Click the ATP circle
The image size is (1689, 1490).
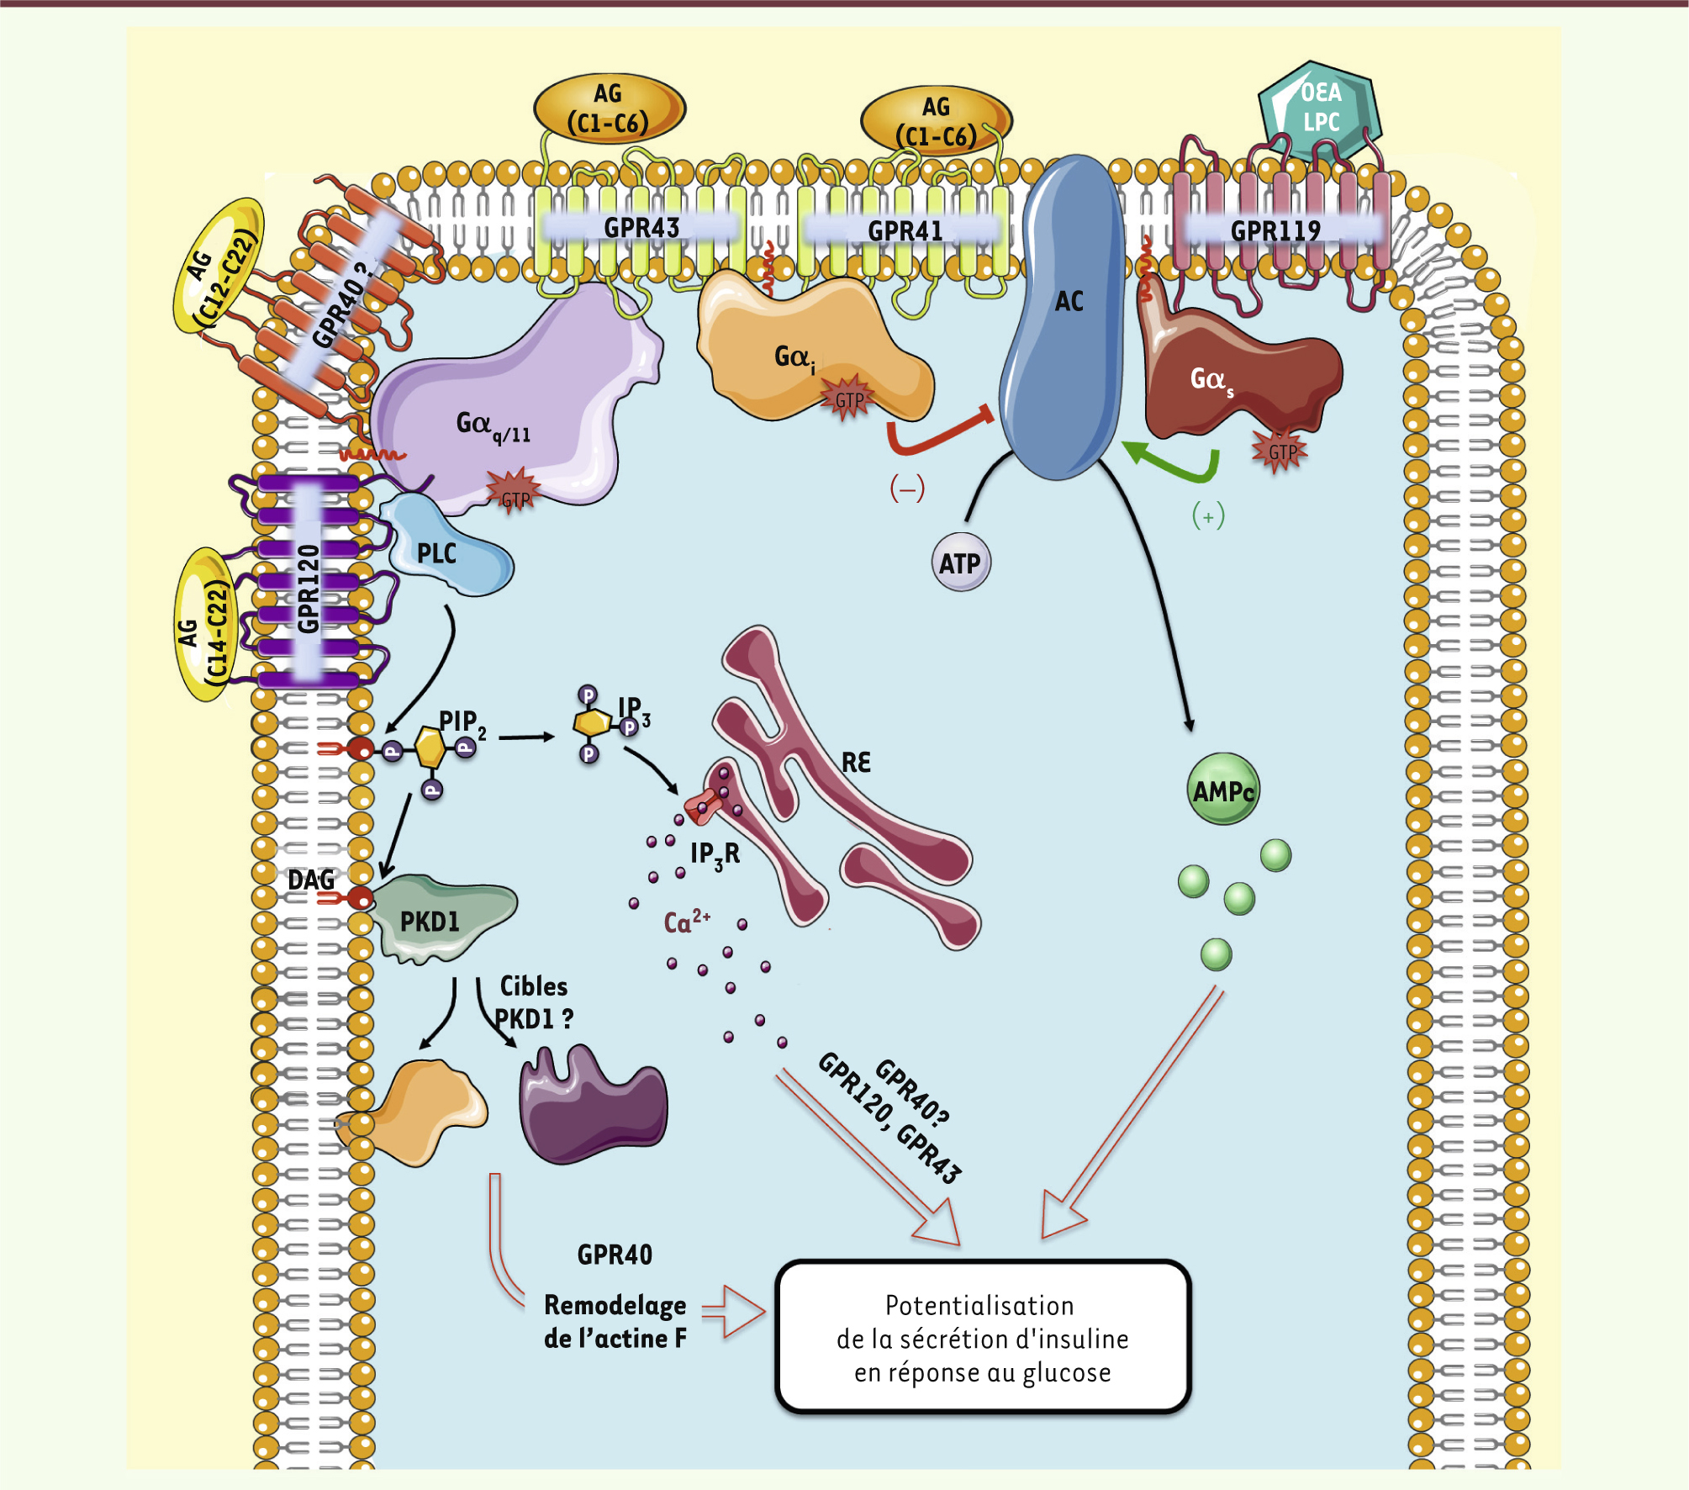coord(960,563)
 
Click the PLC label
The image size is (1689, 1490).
coord(437,553)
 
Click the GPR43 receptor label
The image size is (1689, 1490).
coord(641,227)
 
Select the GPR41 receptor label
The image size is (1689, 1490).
coord(905,230)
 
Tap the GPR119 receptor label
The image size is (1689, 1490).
coord(1275,230)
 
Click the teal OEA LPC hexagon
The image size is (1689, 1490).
coord(1320,108)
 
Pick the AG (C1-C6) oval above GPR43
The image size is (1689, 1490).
coord(609,108)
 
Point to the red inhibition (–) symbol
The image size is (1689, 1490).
coord(907,488)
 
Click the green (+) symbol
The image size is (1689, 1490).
coord(1208,516)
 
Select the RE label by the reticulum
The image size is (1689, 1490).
coord(856,763)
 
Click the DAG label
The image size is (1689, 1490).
coord(311,880)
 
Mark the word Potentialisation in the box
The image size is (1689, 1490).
coord(979,1306)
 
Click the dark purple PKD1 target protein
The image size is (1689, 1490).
coord(593,1106)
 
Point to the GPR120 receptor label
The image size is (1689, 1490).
coord(309,589)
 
